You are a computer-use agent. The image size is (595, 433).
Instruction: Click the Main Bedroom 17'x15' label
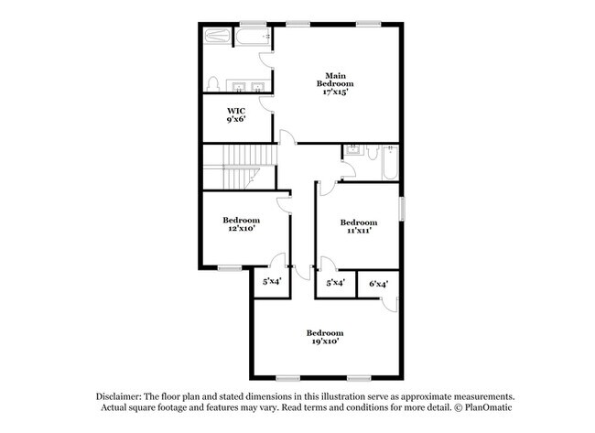coord(335,84)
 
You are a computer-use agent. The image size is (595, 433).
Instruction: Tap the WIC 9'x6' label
coord(236,115)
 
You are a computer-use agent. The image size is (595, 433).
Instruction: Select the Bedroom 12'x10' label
coord(242,224)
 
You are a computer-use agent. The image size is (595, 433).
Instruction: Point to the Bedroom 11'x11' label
coord(359,226)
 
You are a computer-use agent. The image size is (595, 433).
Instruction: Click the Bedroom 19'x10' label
coord(325,337)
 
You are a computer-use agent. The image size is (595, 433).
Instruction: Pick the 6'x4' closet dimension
coord(378,284)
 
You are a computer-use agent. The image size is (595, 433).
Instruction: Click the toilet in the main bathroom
coord(213,84)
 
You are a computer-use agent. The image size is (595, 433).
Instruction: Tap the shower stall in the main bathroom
coord(217,36)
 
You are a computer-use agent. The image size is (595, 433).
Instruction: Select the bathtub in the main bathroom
coord(253,37)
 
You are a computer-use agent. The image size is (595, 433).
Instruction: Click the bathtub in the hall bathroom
coord(390,162)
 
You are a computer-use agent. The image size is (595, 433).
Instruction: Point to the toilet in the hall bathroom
coord(373,152)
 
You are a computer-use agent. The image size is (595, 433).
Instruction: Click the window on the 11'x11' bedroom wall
coord(402,208)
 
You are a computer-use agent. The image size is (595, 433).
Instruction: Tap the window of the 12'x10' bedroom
coord(230,268)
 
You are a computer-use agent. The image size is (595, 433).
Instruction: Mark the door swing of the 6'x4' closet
coord(390,304)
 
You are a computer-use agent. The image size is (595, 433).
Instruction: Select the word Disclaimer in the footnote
coord(119,396)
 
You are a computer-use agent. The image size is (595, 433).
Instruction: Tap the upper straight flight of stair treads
coord(250,155)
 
